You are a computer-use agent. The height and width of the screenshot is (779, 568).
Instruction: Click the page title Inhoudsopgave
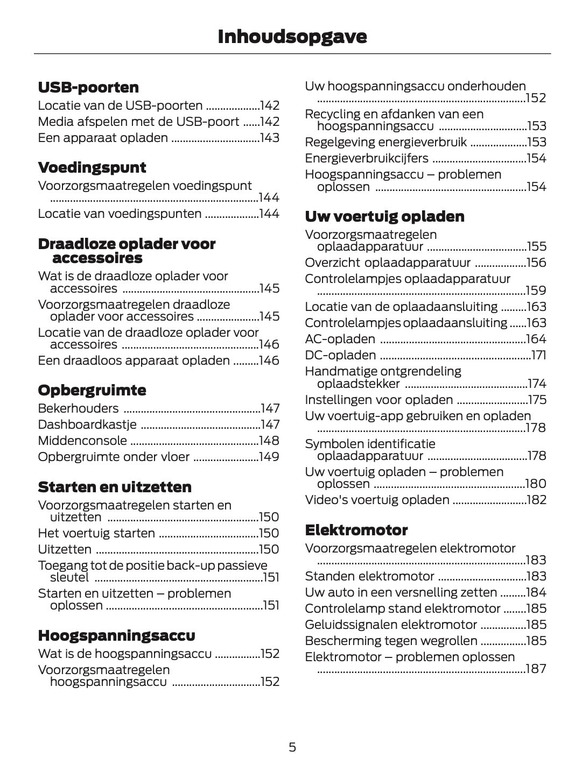[292, 37]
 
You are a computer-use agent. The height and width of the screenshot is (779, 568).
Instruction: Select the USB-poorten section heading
[88, 87]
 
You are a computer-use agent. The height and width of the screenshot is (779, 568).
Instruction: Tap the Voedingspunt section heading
[92, 167]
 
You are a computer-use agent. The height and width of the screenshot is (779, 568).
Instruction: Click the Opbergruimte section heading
[92, 390]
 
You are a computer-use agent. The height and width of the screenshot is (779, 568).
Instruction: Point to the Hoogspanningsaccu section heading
[116, 635]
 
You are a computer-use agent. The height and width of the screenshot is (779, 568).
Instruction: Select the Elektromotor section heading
[356, 530]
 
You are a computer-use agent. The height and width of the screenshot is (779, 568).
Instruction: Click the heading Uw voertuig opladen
[384, 216]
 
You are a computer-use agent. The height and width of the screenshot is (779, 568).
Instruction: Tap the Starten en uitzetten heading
[115, 487]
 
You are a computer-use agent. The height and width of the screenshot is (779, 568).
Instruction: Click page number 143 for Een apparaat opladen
[269, 138]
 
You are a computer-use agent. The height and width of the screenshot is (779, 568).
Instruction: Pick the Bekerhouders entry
[78, 408]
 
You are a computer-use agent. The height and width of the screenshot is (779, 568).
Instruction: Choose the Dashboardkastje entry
[87, 424]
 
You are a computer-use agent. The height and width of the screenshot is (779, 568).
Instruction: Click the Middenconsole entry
[82, 441]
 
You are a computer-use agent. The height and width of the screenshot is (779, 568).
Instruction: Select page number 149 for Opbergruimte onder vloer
[269, 457]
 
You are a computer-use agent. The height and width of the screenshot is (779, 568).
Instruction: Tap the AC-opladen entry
[340, 339]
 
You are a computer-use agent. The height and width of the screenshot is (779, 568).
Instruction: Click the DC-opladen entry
[340, 355]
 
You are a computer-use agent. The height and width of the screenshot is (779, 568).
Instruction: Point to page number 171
[538, 355]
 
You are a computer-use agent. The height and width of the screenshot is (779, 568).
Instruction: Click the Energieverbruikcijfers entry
[367, 158]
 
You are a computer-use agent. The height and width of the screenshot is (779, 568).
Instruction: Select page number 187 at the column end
[536, 669]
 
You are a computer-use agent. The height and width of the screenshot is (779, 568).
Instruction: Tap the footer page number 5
[292, 747]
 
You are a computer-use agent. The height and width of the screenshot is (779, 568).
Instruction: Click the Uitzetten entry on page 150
[65, 549]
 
